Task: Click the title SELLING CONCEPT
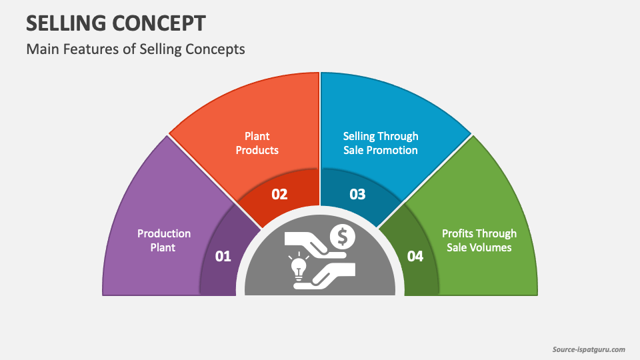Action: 116,23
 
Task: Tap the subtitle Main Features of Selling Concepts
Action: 135,49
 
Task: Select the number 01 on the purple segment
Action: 223,256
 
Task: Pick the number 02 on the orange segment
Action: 279,194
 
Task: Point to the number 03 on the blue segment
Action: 357,194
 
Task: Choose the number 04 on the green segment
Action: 415,256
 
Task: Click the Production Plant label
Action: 164,241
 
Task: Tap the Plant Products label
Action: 257,143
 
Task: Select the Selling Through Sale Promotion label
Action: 381,143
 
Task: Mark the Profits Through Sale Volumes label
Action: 479,241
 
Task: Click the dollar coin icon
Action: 343,237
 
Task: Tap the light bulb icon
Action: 299,267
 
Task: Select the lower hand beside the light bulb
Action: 325,276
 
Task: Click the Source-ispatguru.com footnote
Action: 589,349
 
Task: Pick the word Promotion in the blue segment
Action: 392,150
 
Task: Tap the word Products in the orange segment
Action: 257,150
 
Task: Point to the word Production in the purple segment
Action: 164,233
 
